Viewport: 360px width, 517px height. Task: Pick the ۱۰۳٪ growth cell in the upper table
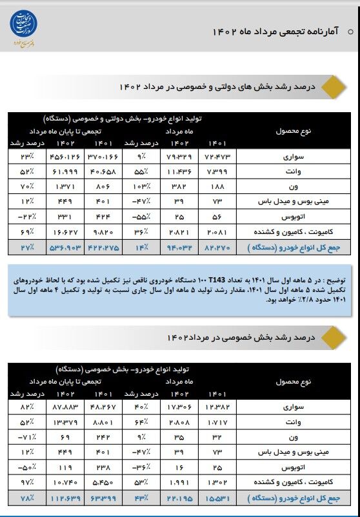tap(135, 186)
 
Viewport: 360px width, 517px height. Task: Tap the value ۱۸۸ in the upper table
tap(217, 186)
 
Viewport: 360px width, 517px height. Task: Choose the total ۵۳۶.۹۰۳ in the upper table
tap(65, 246)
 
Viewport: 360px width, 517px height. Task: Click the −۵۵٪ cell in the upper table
tap(135, 216)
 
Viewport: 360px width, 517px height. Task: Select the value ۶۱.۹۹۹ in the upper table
tap(65, 171)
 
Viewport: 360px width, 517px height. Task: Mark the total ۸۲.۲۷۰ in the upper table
tap(217, 246)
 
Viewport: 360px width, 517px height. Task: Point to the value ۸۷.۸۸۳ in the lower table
tap(65, 407)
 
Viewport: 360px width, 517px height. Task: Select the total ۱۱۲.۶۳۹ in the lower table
tap(65, 498)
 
